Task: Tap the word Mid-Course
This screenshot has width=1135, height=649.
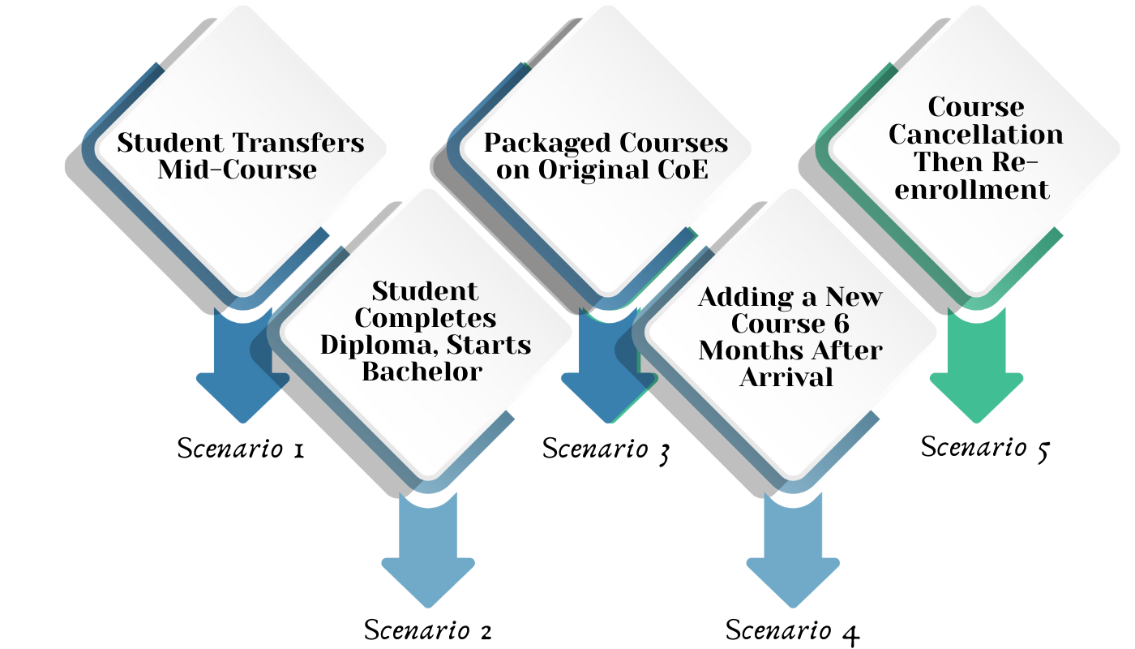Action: tap(237, 170)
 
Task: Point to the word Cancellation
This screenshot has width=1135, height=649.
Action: tap(976, 134)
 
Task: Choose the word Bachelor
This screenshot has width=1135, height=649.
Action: tap(422, 372)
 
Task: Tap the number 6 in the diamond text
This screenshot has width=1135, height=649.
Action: tap(841, 324)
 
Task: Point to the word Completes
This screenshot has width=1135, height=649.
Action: tap(426, 317)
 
